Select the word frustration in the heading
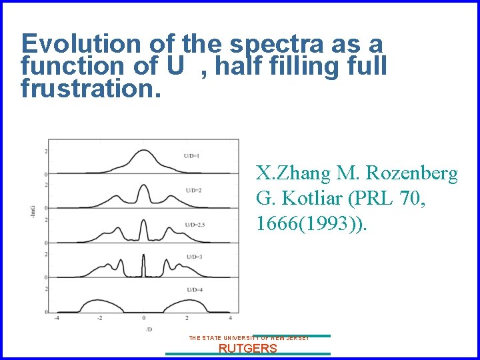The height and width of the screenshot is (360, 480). tap(91, 88)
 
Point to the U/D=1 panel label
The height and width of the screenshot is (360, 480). tap(192, 156)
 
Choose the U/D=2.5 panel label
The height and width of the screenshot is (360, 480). tap(195, 225)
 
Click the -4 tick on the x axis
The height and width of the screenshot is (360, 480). tap(56, 318)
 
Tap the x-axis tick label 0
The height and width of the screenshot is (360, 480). tap(143, 318)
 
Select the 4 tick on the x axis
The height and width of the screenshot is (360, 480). tap(230, 318)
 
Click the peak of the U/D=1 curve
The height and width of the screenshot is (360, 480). tap(143, 151)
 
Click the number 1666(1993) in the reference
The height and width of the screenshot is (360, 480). tap(307, 223)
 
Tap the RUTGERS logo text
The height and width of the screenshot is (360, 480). tap(248, 348)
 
